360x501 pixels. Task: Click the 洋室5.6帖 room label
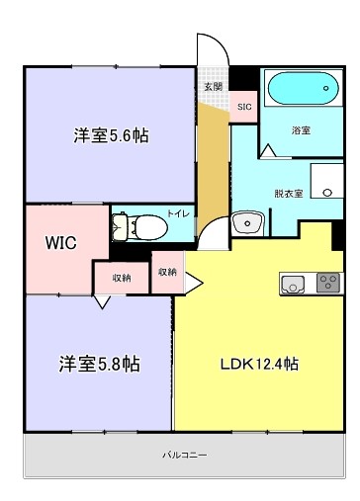[111, 136]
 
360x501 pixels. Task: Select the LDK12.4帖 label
[259, 364]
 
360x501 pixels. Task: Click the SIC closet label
[244, 106]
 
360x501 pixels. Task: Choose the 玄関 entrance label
[213, 87]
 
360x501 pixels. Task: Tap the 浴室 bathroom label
[301, 130]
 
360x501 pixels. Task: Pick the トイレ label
[179, 213]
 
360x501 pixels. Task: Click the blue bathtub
[300, 92]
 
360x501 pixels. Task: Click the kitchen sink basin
[294, 285]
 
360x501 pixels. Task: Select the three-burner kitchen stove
[326, 285]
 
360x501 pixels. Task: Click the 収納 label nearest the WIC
[122, 279]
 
